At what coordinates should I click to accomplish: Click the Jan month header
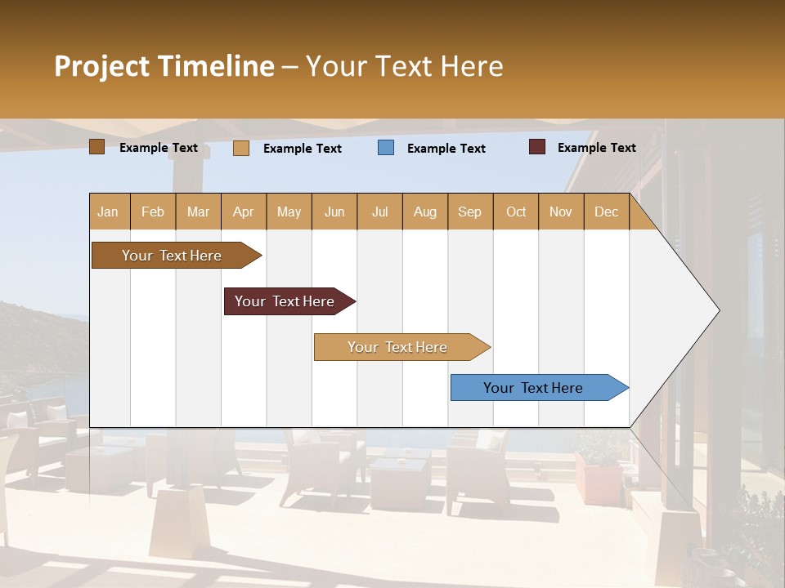(x=108, y=212)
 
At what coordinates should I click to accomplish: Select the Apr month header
(x=244, y=212)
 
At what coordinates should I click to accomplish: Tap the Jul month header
(x=379, y=212)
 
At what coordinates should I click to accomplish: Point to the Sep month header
(x=469, y=212)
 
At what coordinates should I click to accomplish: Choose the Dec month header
(x=606, y=212)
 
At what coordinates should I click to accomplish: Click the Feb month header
(x=153, y=212)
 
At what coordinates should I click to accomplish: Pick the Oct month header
(x=516, y=212)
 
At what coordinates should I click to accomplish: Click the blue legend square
(x=386, y=148)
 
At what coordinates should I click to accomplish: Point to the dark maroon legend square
(x=537, y=147)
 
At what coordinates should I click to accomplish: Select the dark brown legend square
(x=97, y=147)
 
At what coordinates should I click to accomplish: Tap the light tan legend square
(x=241, y=148)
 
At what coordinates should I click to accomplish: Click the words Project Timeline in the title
(x=164, y=66)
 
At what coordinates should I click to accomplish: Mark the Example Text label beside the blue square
(x=446, y=149)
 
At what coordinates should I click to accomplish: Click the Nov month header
(x=561, y=212)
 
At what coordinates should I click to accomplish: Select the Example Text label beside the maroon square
(x=596, y=148)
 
